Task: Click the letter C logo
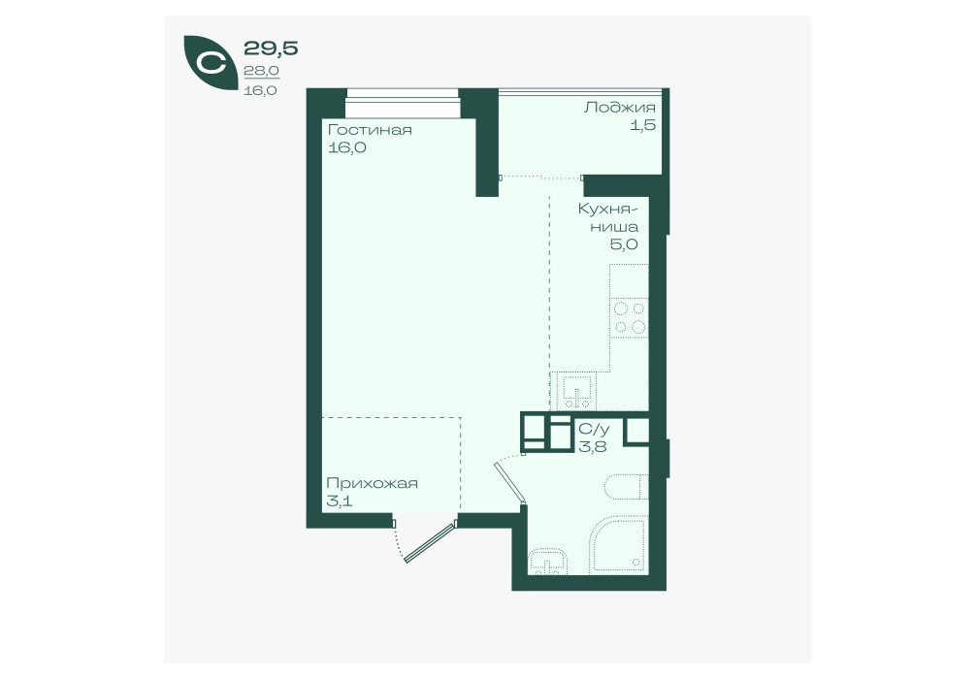click(211, 63)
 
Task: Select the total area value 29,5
click(271, 48)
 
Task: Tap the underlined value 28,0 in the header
click(261, 71)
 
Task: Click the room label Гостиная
click(370, 130)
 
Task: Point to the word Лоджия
click(619, 108)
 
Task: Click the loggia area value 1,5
click(643, 125)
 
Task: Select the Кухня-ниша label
click(608, 217)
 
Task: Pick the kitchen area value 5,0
click(624, 244)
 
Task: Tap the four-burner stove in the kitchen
click(630, 318)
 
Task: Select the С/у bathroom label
click(595, 430)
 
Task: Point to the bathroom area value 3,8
click(593, 446)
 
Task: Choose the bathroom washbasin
click(548, 562)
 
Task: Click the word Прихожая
click(372, 484)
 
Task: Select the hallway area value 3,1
click(340, 501)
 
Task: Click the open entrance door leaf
click(430, 543)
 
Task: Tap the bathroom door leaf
click(510, 482)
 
